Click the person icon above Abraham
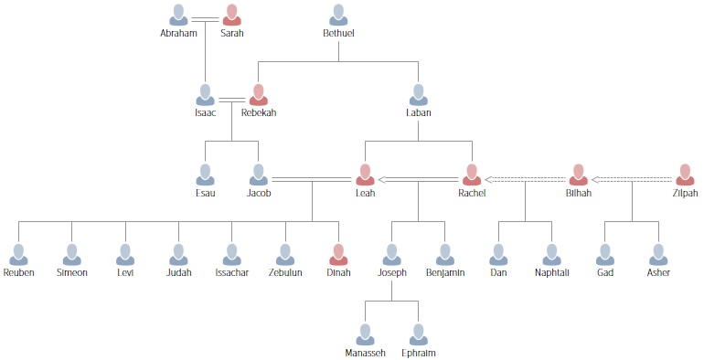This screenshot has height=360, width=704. [x=178, y=15]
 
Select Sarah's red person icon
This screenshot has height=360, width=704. [x=231, y=15]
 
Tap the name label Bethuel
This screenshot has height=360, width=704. [x=338, y=34]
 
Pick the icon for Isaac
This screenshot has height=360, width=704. [x=206, y=95]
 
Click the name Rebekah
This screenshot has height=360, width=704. [x=259, y=113]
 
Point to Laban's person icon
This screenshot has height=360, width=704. [x=419, y=95]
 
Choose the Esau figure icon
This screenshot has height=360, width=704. [x=206, y=175]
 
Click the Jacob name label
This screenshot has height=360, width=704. [x=259, y=193]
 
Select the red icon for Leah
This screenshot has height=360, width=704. [x=366, y=175]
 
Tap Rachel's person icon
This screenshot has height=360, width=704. [x=472, y=175]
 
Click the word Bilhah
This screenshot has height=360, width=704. [x=579, y=193]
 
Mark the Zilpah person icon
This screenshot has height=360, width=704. [x=685, y=175]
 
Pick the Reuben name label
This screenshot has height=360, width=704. [x=19, y=272]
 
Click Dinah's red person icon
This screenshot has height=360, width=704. [x=338, y=254]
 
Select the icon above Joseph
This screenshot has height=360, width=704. [x=392, y=254]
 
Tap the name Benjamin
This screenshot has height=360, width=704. [x=445, y=272]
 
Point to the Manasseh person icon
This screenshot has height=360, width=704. [x=366, y=334]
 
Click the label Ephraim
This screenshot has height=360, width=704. [x=419, y=352]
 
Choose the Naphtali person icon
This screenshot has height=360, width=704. [x=552, y=254]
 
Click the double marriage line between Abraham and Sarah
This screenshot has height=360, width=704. [x=205, y=18]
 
